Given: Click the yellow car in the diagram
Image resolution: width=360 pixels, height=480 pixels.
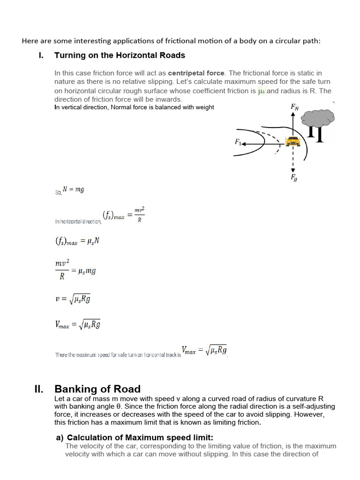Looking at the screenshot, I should tap(293, 141).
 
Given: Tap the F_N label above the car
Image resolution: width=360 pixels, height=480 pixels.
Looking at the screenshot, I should tap(294, 107).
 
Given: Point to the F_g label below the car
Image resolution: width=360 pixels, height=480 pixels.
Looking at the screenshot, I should tap(294, 177).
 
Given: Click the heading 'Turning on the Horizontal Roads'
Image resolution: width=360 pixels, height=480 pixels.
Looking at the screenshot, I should tap(120, 55).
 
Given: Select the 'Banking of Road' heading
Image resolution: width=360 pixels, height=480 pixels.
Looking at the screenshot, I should tap(97, 389).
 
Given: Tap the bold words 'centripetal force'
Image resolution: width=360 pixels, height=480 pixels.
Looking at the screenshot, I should tap(196, 73).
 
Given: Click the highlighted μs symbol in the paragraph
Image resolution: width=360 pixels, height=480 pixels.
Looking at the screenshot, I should tap(262, 91).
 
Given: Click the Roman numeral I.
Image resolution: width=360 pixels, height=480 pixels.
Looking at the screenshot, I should tap(41, 55).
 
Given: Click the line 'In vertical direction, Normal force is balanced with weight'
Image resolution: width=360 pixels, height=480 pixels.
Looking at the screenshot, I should tap(134, 107).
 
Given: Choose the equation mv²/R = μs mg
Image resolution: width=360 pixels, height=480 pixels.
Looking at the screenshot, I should tap(75, 270).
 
